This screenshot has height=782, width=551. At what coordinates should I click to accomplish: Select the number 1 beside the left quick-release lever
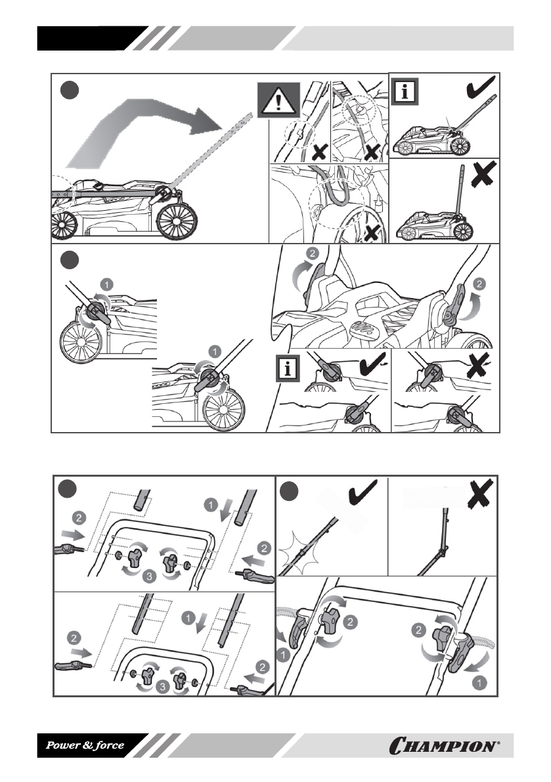[x=283, y=653]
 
